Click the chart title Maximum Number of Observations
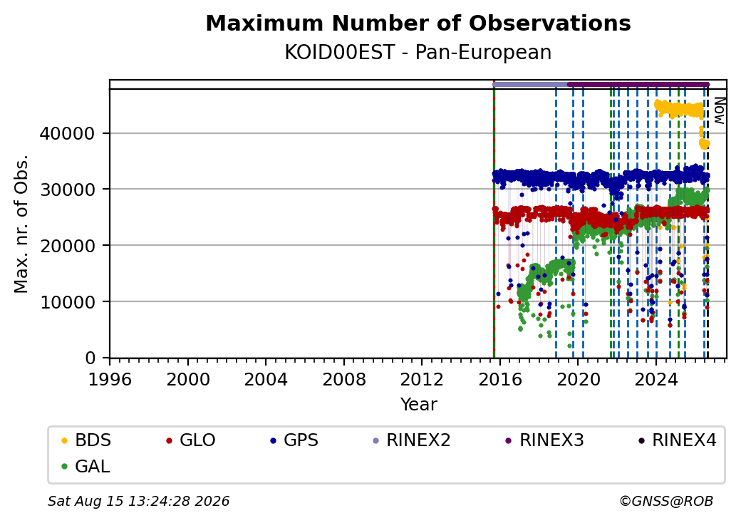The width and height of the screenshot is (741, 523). point(418,23)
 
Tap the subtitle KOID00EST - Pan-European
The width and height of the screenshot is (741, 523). point(418,53)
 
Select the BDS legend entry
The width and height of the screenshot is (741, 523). point(86,440)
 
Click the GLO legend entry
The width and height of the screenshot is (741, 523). point(192,440)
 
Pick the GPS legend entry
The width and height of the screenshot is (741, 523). point(295,440)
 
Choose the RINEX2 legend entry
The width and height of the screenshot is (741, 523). point(412,440)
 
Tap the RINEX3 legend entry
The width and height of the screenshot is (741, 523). point(545,440)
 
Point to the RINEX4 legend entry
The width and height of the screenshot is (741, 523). point(678,440)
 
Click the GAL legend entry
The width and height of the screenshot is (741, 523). point(86,466)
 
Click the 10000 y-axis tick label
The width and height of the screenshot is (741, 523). point(67,302)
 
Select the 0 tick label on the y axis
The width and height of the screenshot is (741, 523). point(90,358)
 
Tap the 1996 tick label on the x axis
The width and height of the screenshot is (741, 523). point(110,379)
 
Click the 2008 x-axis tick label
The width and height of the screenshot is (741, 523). point(343,379)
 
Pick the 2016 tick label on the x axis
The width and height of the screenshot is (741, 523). point(499,379)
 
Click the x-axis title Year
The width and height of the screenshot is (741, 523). point(418,405)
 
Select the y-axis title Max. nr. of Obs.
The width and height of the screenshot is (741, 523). point(21,224)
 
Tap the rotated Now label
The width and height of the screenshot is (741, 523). point(719,110)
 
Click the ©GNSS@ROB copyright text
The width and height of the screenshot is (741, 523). point(666,501)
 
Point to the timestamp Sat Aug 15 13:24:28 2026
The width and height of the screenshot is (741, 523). point(138,501)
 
